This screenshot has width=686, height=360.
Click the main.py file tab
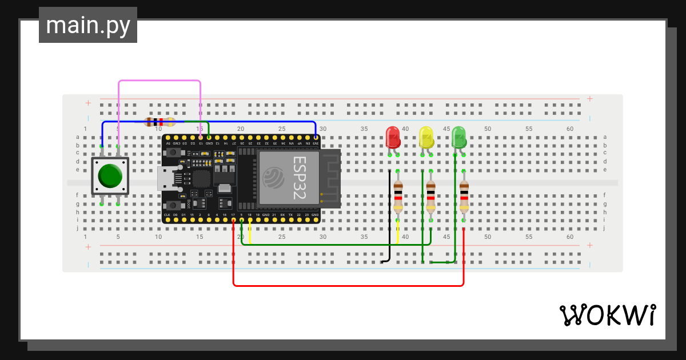(88, 25)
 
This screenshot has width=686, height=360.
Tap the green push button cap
(110, 176)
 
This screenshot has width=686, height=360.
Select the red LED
(393, 138)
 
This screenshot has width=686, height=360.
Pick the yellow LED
(426, 138)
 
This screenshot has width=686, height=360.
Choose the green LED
(459, 138)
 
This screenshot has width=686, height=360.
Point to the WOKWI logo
(607, 315)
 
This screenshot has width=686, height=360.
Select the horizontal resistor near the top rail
(160, 122)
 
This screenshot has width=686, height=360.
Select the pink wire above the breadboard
(159, 81)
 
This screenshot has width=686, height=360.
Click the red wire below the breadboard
(349, 285)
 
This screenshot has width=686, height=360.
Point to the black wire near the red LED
(389, 217)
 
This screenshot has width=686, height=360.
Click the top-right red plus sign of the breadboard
(589, 99)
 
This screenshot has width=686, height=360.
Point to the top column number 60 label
(570, 129)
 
